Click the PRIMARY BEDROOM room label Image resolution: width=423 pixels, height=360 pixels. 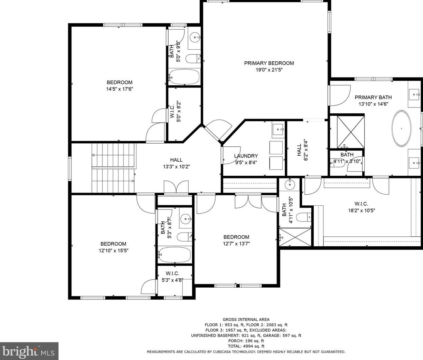pyautogui.click(x=269, y=63)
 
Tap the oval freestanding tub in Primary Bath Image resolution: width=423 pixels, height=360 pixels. pyautogui.click(x=401, y=128)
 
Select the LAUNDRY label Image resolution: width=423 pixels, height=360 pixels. pyautogui.click(x=246, y=156)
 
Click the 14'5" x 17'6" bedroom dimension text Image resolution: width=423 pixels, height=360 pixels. pyautogui.click(x=120, y=89)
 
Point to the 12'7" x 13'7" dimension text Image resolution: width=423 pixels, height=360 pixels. pyautogui.click(x=236, y=244)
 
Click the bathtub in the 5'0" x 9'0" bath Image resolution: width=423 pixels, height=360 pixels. pyautogui.click(x=184, y=77)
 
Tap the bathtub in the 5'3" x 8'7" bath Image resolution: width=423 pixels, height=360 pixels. pyautogui.click(x=174, y=255)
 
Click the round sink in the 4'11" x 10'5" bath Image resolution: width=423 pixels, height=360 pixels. pyautogui.click(x=290, y=184)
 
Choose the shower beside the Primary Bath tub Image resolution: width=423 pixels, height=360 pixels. pyautogui.click(x=351, y=132)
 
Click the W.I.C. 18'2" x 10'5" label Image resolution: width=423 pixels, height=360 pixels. pyautogui.click(x=362, y=207)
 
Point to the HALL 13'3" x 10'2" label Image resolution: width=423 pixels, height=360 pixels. pyautogui.click(x=177, y=163)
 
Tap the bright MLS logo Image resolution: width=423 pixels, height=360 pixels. pyautogui.click(x=29, y=351)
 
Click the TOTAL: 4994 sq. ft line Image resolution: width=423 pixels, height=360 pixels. pyautogui.click(x=246, y=346)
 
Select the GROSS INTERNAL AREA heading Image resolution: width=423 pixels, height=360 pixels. pyautogui.click(x=246, y=319)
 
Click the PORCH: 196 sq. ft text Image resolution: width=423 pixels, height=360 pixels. pyautogui.click(x=246, y=341)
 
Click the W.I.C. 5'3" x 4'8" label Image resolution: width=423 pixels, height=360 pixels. pyautogui.click(x=172, y=277)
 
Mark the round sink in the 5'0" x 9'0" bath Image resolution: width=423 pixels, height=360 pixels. pyautogui.click(x=195, y=38)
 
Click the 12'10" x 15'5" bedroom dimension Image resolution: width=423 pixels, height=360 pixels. pyautogui.click(x=113, y=250)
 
